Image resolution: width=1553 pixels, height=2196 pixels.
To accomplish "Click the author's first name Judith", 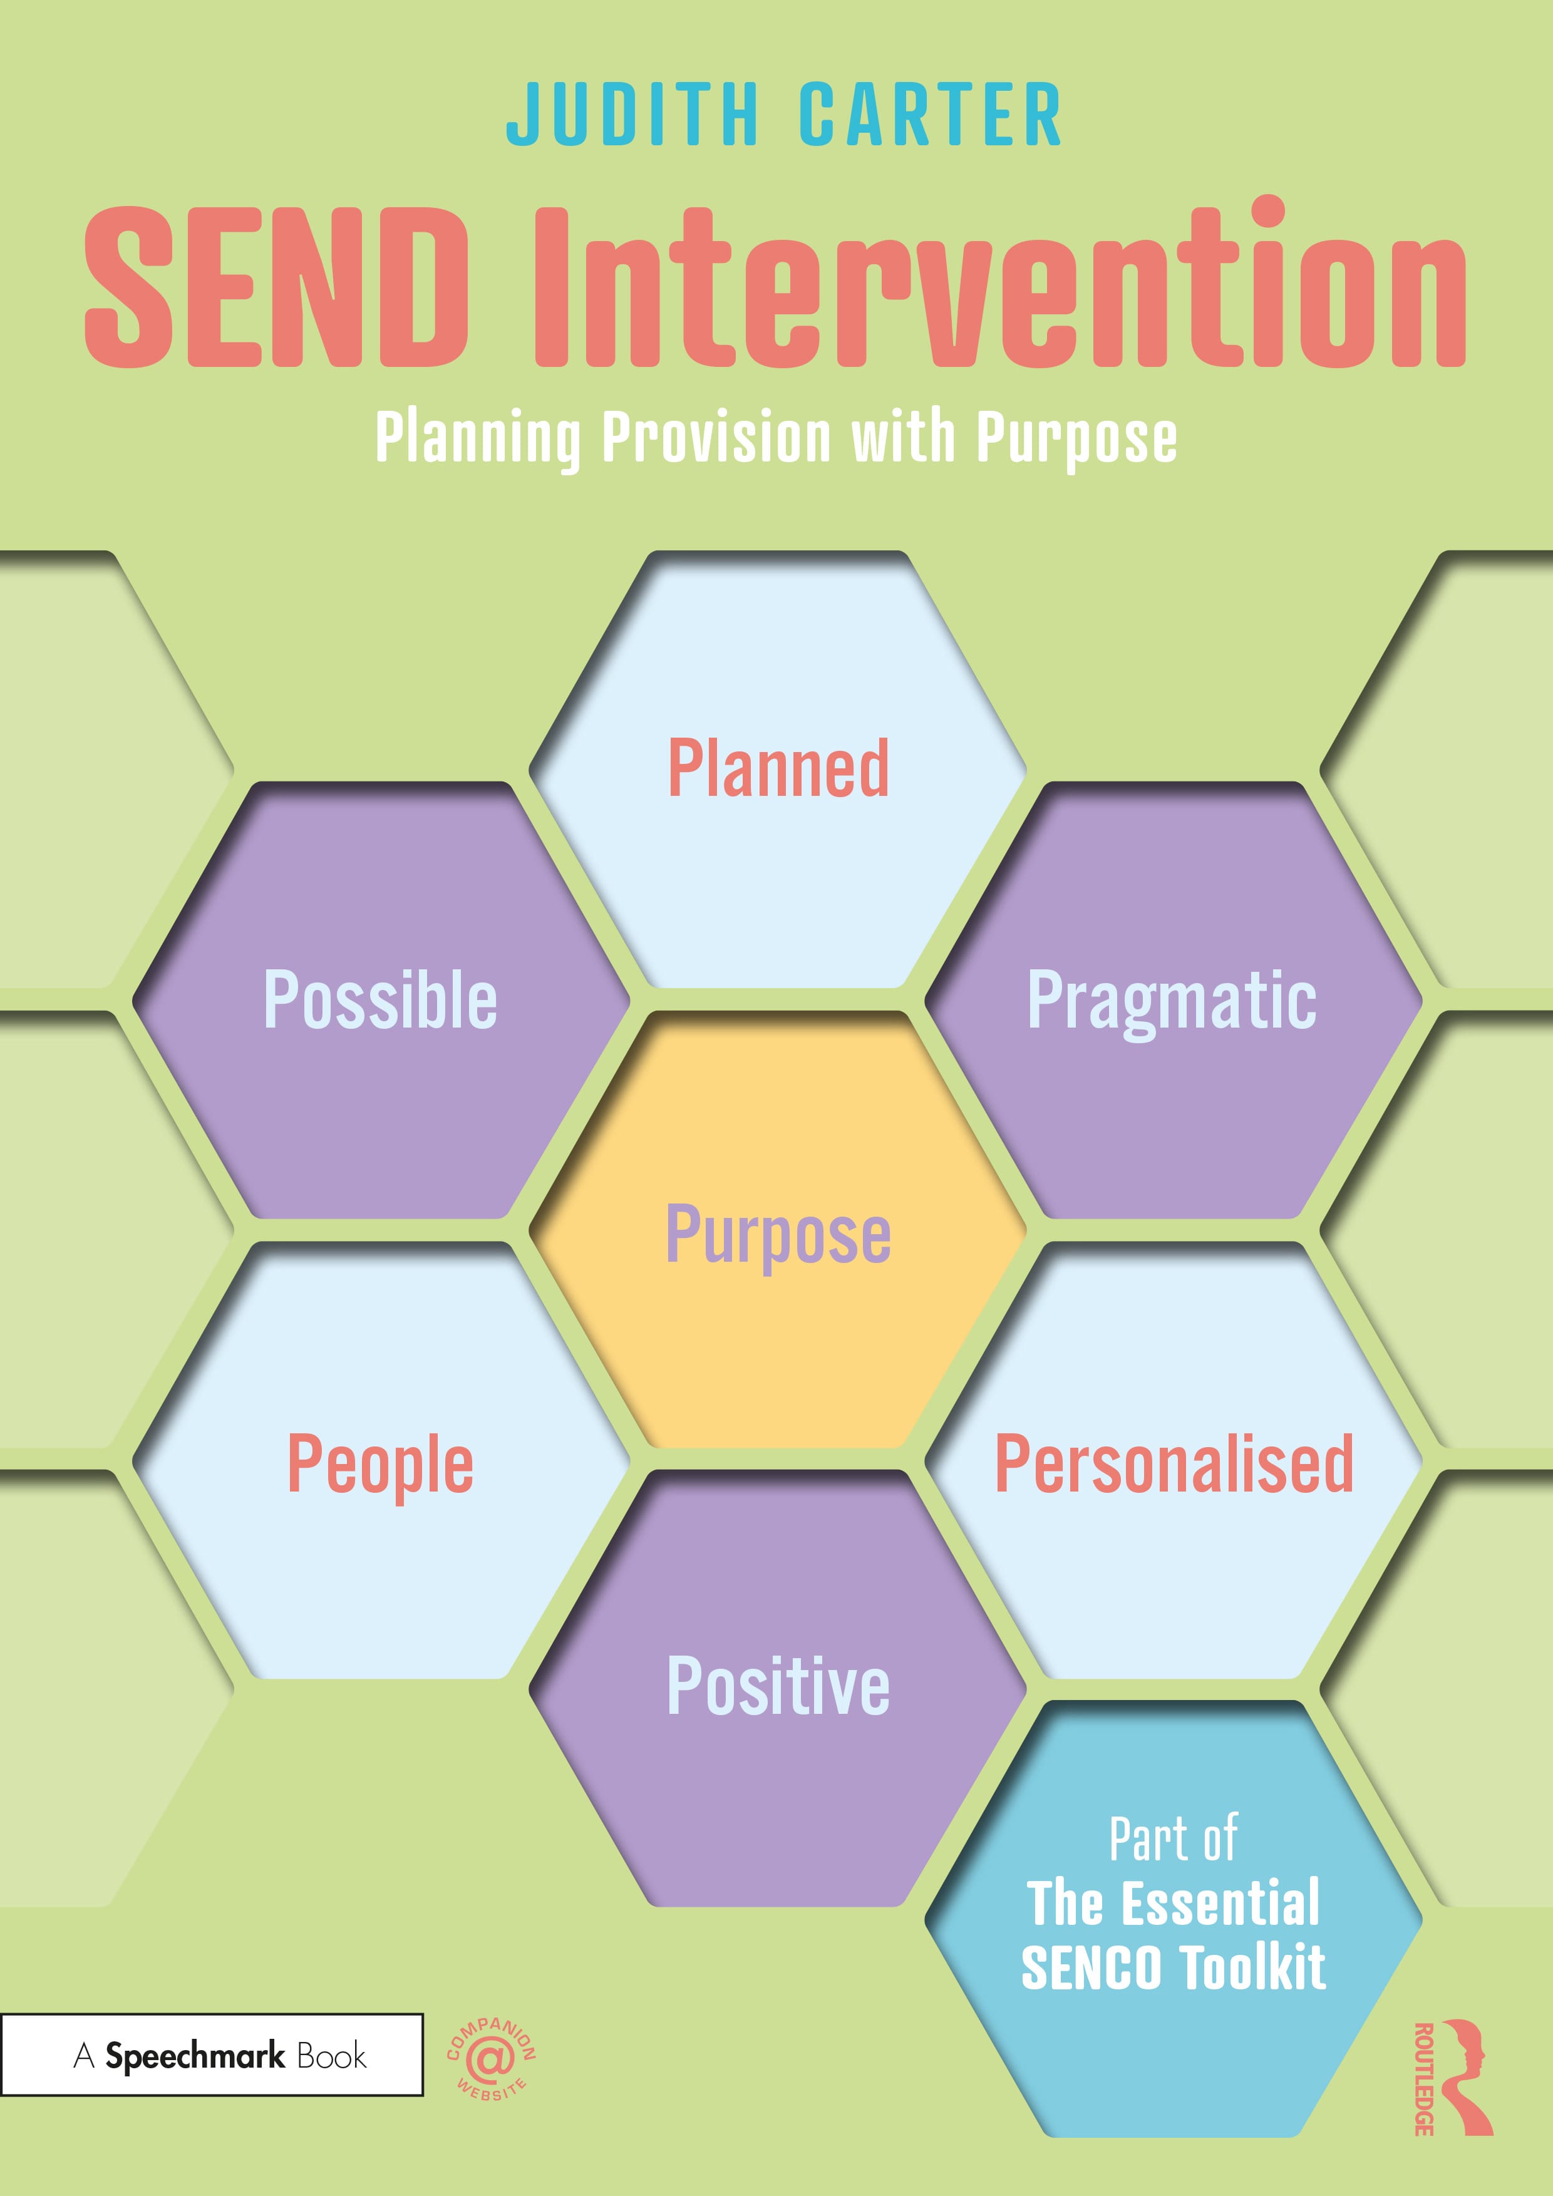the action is coord(632,115).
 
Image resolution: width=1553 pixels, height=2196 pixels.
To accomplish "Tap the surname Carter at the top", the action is coord(929,115).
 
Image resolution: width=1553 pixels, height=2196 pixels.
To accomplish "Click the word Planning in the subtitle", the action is coord(478,439).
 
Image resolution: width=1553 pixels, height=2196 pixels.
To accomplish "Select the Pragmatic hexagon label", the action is coord(1172,1003).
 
